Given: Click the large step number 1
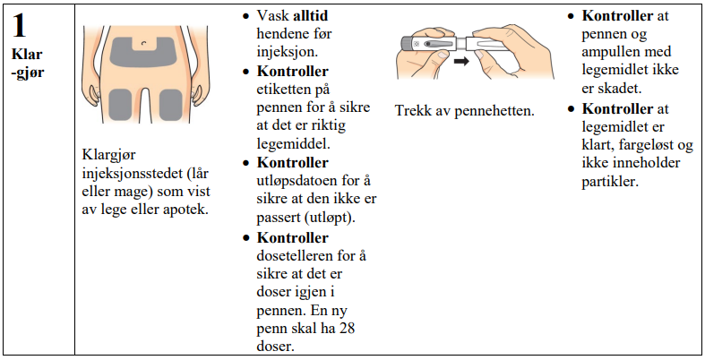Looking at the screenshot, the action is point(19,26).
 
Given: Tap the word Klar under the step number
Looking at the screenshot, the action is point(27,54).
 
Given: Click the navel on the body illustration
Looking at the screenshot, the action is point(144,43).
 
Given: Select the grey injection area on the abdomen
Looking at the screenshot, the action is point(142,52).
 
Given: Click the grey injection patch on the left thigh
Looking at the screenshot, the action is point(120,105).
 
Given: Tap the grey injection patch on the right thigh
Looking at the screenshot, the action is point(171,105).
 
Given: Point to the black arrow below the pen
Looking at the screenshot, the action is point(460,61).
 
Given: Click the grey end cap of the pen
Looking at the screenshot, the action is point(407,44).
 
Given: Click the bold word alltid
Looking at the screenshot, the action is point(311,16).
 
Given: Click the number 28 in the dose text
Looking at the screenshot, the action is point(347,328).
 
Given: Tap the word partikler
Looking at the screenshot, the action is point(609,182).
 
